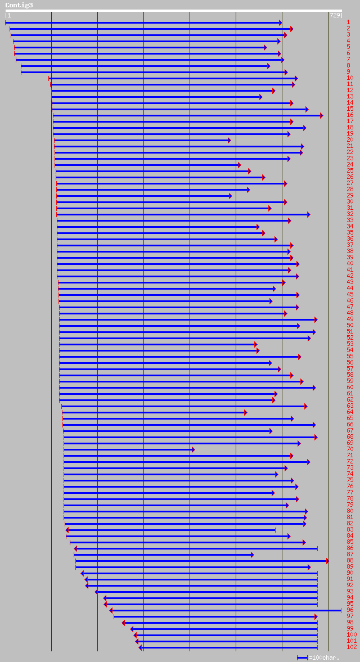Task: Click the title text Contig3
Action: [19, 5]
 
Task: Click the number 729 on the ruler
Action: [335, 15]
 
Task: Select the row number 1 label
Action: [348, 22]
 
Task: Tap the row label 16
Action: [350, 115]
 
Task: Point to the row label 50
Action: [350, 325]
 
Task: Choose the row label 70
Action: [350, 449]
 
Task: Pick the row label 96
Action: [350, 610]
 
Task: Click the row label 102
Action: [352, 647]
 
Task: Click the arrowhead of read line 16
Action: [321, 115]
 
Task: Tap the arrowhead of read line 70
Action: [193, 449]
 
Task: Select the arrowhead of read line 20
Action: [229, 140]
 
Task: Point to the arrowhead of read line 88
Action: [327, 561]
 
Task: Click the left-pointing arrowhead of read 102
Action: [141, 647]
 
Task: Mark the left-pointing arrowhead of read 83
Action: [67, 530]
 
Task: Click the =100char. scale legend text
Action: [324, 658]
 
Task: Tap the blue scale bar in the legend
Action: [302, 658]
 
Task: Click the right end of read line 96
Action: [340, 610]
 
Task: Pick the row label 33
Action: [350, 220]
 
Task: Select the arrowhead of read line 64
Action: [245, 412]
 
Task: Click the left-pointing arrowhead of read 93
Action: [96, 592]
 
